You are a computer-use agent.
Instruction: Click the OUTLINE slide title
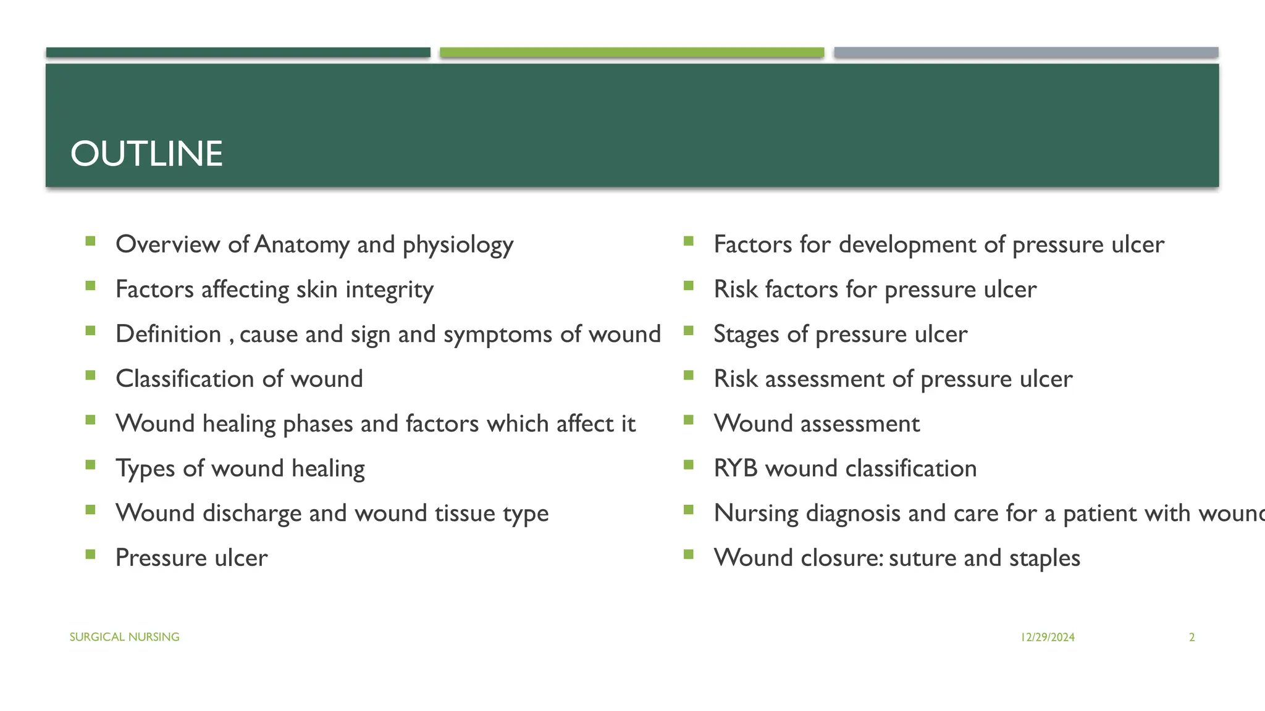[146, 154]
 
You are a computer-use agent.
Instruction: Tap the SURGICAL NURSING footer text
[124, 637]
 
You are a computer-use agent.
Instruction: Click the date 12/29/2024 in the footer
[1048, 638]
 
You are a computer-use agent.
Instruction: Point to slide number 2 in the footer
[1191, 638]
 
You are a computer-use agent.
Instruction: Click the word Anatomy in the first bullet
[301, 245]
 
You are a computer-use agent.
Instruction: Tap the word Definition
[168, 335]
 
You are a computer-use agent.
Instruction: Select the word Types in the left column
[145, 469]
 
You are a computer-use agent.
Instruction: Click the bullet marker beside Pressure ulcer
[91, 554]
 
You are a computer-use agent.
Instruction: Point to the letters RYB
[735, 468]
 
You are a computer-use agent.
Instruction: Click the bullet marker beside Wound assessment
[689, 420]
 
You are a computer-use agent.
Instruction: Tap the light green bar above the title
[631, 52]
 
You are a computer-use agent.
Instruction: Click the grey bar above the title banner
[1025, 52]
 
